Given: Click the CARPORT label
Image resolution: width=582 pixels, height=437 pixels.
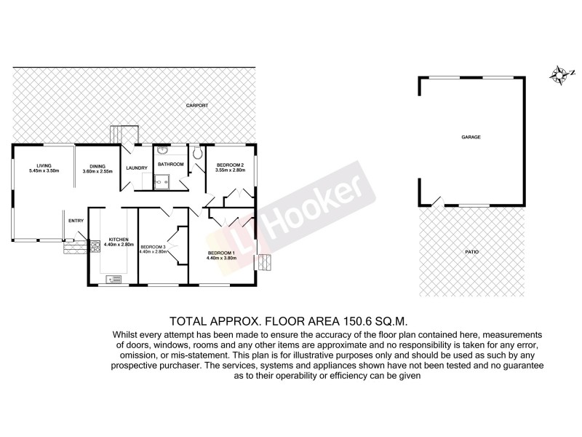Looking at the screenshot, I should [197, 106].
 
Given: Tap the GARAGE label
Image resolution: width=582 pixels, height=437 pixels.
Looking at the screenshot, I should [471, 137].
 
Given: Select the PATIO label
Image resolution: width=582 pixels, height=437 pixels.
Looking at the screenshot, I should [471, 251].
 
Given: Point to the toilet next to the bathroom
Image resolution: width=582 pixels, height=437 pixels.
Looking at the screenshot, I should [197, 154].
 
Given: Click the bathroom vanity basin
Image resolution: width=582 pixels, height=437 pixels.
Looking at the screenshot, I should [162, 154].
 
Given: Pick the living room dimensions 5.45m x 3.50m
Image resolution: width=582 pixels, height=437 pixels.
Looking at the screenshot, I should [44, 170].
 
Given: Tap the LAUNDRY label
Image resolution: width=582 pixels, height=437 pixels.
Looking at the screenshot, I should [137, 169].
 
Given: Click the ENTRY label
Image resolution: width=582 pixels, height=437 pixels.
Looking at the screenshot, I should [76, 221].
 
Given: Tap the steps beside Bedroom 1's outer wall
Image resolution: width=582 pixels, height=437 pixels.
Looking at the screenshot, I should [266, 262].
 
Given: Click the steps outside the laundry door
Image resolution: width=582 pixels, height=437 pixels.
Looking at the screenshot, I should [124, 135].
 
